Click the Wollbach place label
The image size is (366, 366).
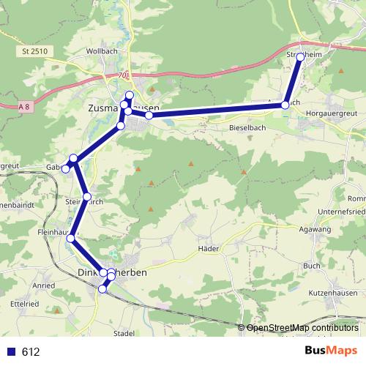point(102,52)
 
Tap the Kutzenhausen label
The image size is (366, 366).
point(332,292)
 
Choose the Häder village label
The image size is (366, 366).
point(209,249)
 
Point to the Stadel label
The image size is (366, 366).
point(124,333)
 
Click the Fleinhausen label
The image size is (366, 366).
point(53,232)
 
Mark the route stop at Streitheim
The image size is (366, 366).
point(300,56)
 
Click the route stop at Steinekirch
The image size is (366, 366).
point(87,197)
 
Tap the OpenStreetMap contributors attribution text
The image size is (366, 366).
point(302,327)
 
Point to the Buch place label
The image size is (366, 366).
point(312,266)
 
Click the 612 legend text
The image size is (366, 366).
point(30,352)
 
